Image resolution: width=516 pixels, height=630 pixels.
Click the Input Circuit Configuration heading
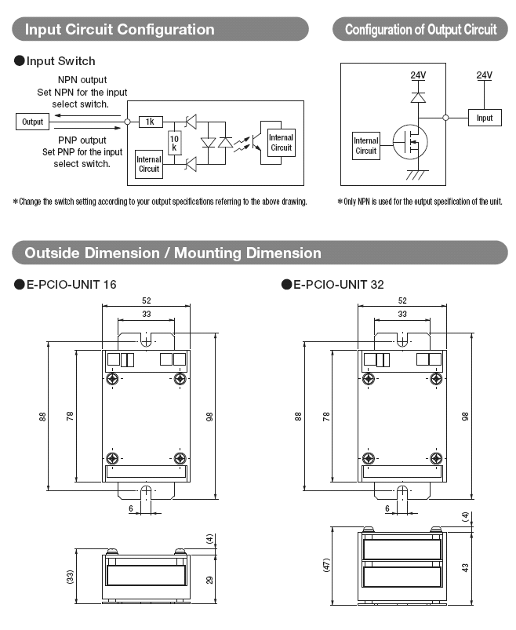tap(120, 30)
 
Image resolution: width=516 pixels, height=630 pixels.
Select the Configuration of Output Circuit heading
tap(420, 30)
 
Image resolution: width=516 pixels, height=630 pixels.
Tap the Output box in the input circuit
tap(32, 122)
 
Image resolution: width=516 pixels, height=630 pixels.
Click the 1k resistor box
tap(150, 122)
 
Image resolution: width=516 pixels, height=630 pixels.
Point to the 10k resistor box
tap(175, 143)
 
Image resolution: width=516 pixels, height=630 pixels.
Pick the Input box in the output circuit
tap(485, 118)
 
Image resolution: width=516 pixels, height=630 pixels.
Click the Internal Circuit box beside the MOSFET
tap(366, 146)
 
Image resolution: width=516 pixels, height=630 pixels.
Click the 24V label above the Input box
tap(485, 75)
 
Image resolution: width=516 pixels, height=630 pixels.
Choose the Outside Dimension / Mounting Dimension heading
tap(173, 253)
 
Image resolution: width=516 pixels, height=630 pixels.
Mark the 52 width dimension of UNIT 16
tap(146, 300)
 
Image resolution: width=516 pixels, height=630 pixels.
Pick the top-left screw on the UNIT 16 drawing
tap(113, 379)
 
